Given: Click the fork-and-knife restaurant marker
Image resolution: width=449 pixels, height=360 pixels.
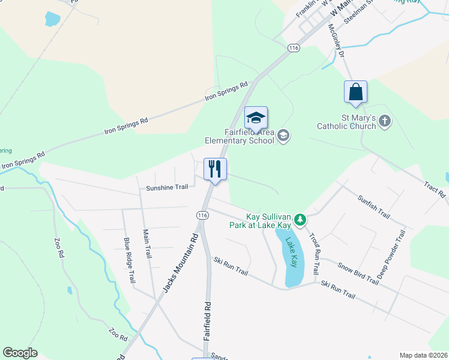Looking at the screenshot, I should point(215,169).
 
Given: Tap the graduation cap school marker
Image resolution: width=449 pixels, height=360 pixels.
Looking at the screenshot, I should point(256,117).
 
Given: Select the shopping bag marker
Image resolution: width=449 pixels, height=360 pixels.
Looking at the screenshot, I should point(355,92).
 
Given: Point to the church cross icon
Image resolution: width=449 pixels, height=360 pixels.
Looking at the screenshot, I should point(385,122).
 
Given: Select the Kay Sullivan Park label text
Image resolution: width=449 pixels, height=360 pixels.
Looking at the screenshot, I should point(268,221).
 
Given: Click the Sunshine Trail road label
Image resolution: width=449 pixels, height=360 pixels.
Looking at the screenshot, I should point(167,187).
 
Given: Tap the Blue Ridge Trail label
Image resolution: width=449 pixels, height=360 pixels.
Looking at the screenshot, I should point(129,260).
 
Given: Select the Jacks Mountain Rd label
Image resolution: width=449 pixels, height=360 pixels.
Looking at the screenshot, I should point(179,262).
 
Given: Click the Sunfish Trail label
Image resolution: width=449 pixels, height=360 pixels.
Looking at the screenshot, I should point(374,207).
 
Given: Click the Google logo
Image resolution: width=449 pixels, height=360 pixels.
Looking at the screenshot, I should point(20,353).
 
